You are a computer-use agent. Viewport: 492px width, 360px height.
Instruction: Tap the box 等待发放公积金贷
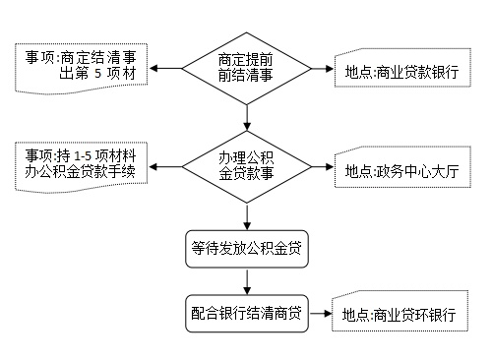pyautogui.click(x=247, y=249)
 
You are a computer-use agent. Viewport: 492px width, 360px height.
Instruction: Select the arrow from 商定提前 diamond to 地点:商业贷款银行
pyautogui.click(x=315, y=70)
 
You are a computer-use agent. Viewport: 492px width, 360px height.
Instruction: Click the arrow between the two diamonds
pyautogui.click(x=247, y=119)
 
